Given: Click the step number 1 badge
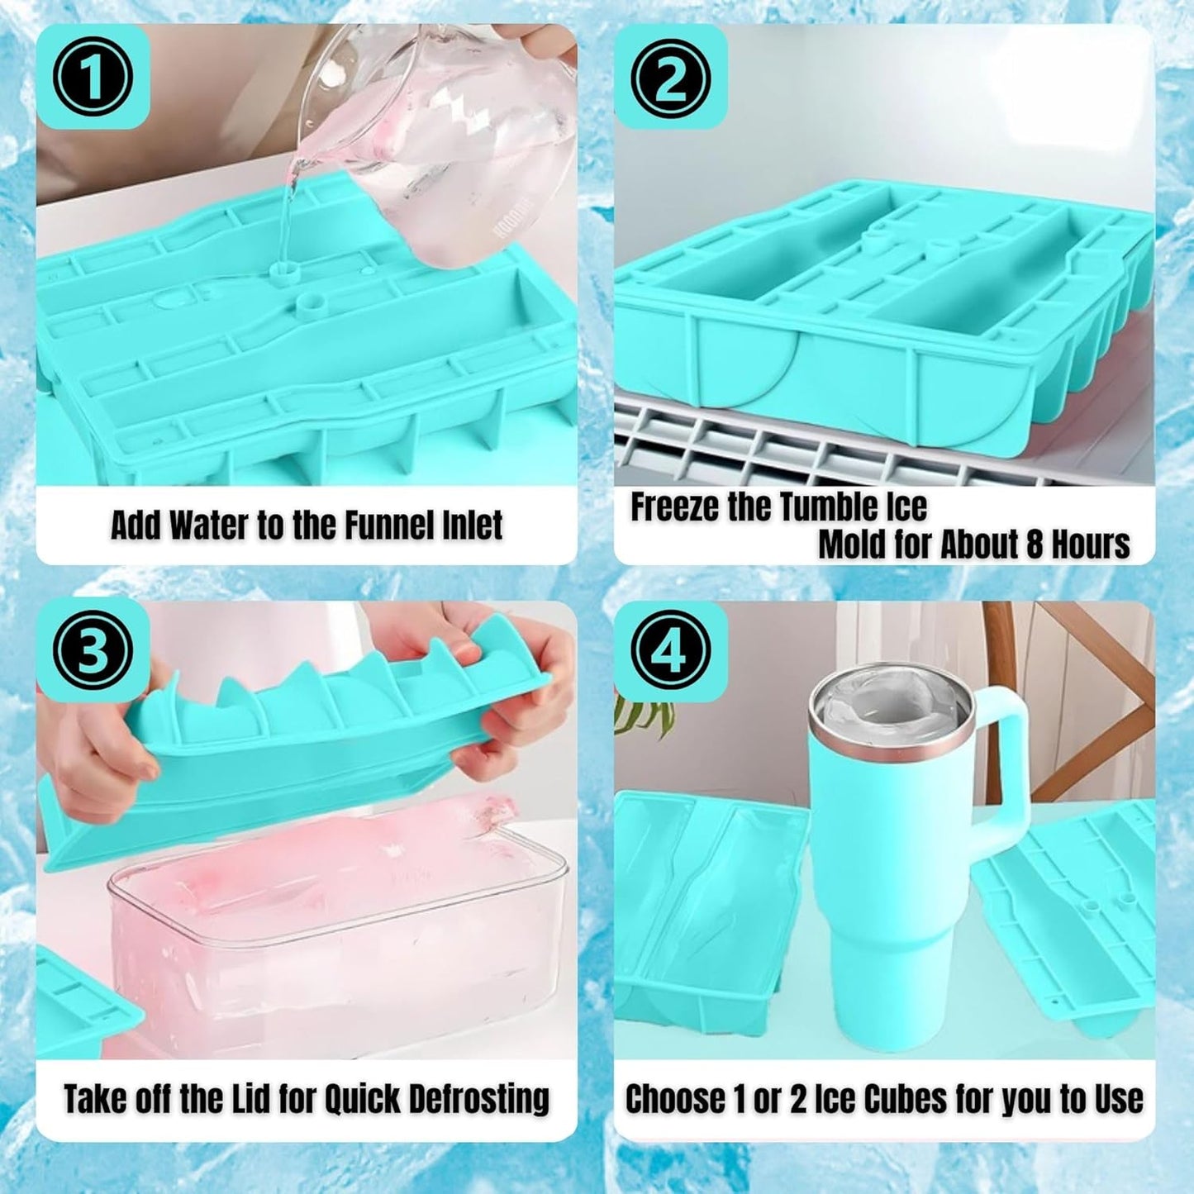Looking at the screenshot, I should tap(93, 77).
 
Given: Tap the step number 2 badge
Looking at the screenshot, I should tap(670, 77).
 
